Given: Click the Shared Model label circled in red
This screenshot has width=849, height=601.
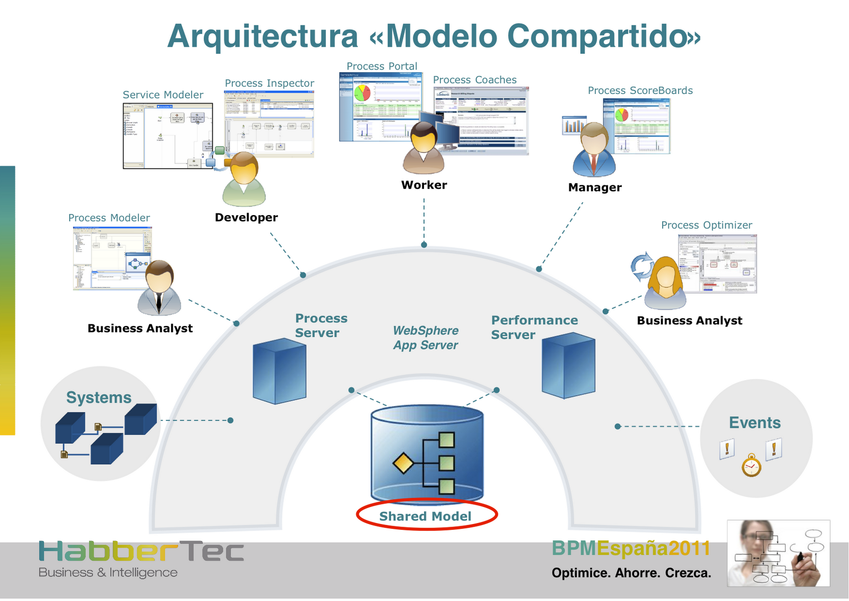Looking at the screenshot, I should (x=426, y=516).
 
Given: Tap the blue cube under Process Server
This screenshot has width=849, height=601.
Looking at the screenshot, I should (x=279, y=371).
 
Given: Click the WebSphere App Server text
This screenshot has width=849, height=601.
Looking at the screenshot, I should (x=426, y=338).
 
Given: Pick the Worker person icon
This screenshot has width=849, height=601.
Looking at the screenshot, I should (x=423, y=148).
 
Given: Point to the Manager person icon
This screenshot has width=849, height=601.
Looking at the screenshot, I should (x=594, y=150).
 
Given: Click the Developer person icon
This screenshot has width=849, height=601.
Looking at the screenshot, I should (x=244, y=179).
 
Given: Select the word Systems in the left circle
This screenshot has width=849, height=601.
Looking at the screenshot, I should (x=99, y=398).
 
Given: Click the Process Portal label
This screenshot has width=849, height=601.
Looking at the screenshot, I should (x=382, y=66).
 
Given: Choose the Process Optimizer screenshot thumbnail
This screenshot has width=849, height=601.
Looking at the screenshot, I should (x=718, y=264).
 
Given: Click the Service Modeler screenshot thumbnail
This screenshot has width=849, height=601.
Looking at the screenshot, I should (x=168, y=136).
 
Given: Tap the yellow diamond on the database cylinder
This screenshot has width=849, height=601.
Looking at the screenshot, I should (x=403, y=463).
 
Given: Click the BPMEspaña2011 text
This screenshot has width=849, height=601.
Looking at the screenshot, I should (x=630, y=548).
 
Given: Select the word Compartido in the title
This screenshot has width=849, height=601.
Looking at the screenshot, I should (x=604, y=36).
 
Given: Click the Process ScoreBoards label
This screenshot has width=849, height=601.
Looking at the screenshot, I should (x=640, y=91).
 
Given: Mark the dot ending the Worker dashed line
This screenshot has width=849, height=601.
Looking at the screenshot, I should (x=424, y=245).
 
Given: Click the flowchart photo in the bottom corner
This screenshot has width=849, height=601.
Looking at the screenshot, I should (x=778, y=553).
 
